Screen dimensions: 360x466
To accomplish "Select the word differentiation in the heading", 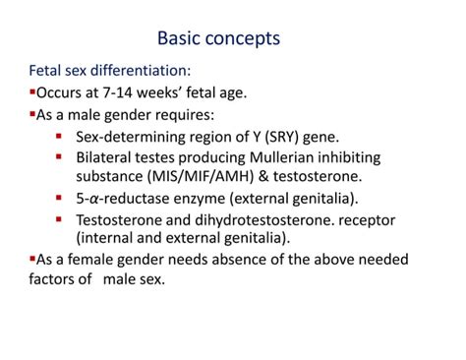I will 139,72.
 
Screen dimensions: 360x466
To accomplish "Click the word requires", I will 179,115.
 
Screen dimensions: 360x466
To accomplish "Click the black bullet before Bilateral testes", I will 60,156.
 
